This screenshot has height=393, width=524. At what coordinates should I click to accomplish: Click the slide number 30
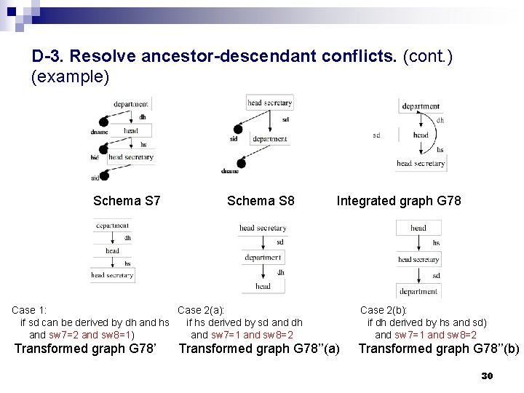[488, 376]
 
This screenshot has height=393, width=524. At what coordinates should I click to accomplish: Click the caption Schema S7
[127, 199]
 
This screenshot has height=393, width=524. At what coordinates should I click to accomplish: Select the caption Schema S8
[261, 199]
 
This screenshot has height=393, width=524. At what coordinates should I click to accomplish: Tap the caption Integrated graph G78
[398, 199]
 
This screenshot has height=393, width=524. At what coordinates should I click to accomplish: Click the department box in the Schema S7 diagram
[131, 104]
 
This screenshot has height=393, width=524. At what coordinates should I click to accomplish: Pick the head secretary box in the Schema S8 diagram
[269, 103]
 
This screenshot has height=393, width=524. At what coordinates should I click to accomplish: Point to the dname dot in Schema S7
[103, 132]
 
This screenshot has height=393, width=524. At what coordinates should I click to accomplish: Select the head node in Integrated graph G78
[421, 135]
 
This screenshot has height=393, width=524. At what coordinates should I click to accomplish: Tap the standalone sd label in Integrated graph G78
[376, 135]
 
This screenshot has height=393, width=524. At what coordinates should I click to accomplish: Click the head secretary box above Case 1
[112, 275]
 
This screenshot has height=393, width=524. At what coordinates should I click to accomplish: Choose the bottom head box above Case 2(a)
[263, 286]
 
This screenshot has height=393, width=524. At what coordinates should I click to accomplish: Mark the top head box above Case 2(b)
[418, 228]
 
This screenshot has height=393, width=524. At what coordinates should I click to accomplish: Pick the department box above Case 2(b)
[418, 291]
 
